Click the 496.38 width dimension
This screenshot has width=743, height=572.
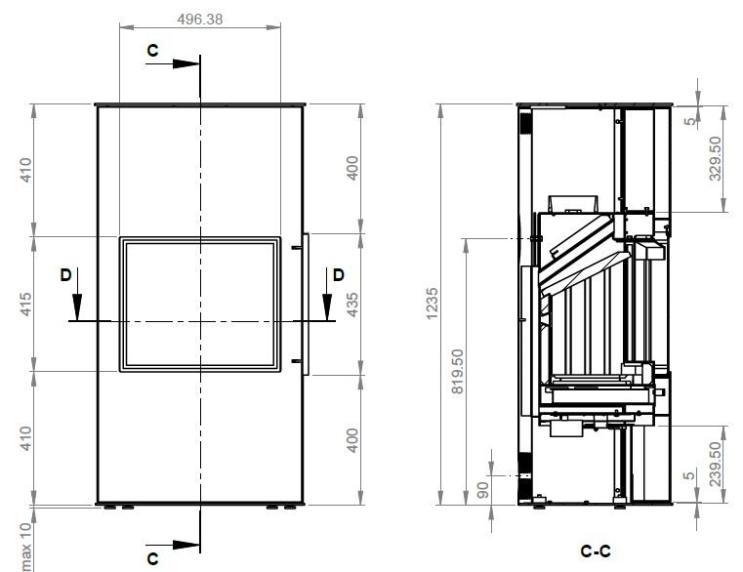click(199, 19)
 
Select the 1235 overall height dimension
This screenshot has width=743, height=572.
click(433, 304)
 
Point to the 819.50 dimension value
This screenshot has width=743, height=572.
click(457, 371)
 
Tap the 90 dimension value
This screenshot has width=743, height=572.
click(482, 490)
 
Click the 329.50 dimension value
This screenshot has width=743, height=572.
click(716, 158)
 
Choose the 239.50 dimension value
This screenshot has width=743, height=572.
click(716, 464)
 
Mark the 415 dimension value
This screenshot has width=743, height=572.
click(25, 305)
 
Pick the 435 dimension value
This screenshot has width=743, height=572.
click(352, 305)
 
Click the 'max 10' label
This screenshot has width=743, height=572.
click(26, 546)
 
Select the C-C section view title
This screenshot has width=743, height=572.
click(596, 552)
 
